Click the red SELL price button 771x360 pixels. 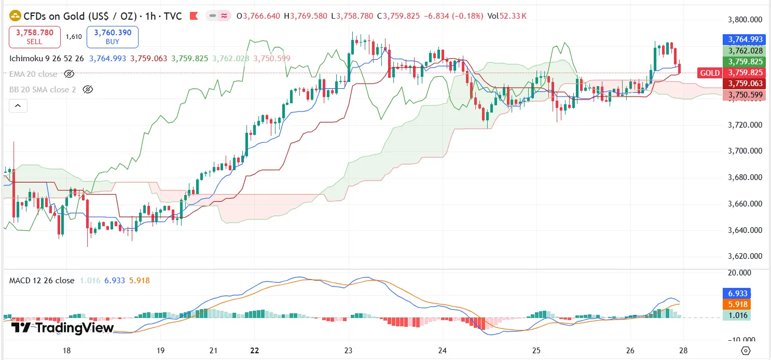pos(35,36)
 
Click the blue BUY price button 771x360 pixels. pos(113,36)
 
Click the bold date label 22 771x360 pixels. pos(254,351)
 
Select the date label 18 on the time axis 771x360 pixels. pos(66,351)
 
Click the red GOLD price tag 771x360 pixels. pos(709,73)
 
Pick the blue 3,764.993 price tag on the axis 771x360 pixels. pos(745,39)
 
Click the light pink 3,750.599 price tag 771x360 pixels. pos(745,95)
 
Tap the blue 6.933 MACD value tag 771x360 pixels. pos(736,294)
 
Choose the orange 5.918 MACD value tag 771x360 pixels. pos(736,304)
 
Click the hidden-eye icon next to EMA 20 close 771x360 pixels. pos(69,74)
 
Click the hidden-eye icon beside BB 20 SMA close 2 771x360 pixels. pos(88,90)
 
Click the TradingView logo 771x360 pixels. pos(62,328)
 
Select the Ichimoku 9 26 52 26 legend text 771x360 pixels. pos(47,59)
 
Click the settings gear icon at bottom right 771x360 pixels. pos(746,351)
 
